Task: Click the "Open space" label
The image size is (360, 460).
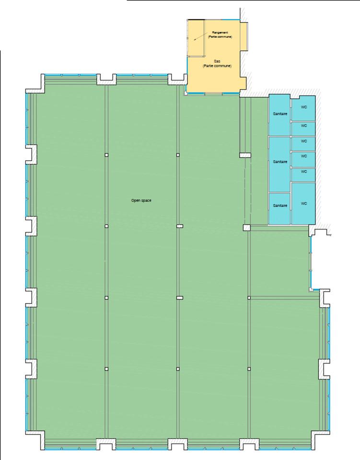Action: [x=141, y=200]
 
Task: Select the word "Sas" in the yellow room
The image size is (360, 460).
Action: [x=217, y=62]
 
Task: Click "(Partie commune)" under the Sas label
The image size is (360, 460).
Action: [x=217, y=66]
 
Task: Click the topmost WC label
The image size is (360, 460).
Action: [x=303, y=107]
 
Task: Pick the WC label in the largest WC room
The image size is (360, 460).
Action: [x=303, y=203]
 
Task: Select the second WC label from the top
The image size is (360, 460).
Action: [x=303, y=126]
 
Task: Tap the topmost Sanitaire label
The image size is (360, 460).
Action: [x=280, y=114]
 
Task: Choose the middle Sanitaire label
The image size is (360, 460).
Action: [x=280, y=162]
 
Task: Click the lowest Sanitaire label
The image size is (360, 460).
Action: [x=280, y=206]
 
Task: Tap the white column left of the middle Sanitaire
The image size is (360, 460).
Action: [x=245, y=155]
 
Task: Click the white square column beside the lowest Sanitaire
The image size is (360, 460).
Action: [x=247, y=228]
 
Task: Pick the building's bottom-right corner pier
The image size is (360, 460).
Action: [x=321, y=438]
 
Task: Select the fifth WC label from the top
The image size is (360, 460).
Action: [x=303, y=171]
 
